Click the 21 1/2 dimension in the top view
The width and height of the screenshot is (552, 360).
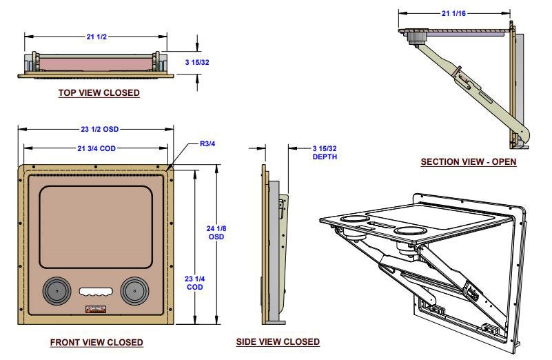click(x=96, y=37)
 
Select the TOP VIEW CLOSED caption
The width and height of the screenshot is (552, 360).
click(x=99, y=92)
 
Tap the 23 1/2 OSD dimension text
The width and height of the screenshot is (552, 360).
click(x=100, y=129)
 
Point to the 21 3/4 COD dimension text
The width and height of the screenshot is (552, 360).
click(x=96, y=148)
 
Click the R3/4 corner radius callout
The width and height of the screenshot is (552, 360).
click(x=207, y=143)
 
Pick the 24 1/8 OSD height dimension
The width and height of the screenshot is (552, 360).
click(x=216, y=232)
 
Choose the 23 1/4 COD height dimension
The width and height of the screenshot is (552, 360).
click(x=194, y=283)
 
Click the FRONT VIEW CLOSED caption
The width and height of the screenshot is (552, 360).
click(x=96, y=342)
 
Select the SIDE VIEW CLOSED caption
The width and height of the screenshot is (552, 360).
click(x=278, y=341)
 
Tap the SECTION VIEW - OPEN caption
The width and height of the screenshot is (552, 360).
click(x=469, y=161)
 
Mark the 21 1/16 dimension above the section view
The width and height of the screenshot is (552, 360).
click(x=453, y=13)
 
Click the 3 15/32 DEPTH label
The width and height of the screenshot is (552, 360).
click(x=325, y=152)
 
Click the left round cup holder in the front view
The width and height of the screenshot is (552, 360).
click(x=57, y=291)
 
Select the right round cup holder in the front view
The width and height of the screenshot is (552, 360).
click(x=134, y=291)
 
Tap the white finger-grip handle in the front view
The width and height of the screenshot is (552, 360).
click(x=96, y=292)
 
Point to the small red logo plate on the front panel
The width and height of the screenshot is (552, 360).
click(x=96, y=309)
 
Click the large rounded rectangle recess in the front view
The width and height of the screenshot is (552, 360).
click(x=96, y=227)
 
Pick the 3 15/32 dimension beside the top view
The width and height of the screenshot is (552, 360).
click(x=197, y=62)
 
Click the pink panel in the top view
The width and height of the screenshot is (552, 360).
click(x=96, y=64)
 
